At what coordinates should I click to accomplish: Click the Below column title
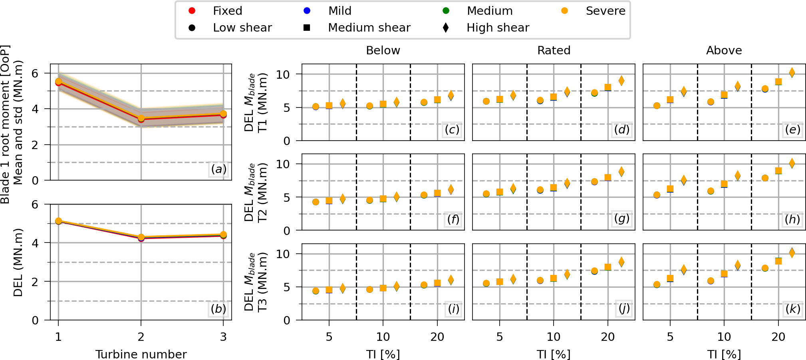point(383,50)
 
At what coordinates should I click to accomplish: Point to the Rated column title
point(554,50)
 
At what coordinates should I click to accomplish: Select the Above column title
point(724,50)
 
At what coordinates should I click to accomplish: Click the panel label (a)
point(218,169)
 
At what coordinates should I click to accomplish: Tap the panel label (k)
point(792,309)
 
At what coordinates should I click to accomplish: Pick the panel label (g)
point(622,219)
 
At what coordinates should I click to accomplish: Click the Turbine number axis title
point(141,354)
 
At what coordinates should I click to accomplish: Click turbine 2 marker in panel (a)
point(141,119)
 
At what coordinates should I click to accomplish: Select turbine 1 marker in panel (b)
point(58,221)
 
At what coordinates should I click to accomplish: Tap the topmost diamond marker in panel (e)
point(792,73)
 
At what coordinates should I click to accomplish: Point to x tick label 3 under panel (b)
point(223,337)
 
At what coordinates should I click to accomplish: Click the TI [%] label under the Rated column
point(554,354)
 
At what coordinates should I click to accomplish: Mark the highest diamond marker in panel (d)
point(621,81)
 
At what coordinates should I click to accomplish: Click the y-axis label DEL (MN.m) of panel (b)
point(18,263)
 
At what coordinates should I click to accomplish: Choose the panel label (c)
point(452,129)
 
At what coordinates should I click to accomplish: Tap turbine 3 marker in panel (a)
point(223,114)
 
